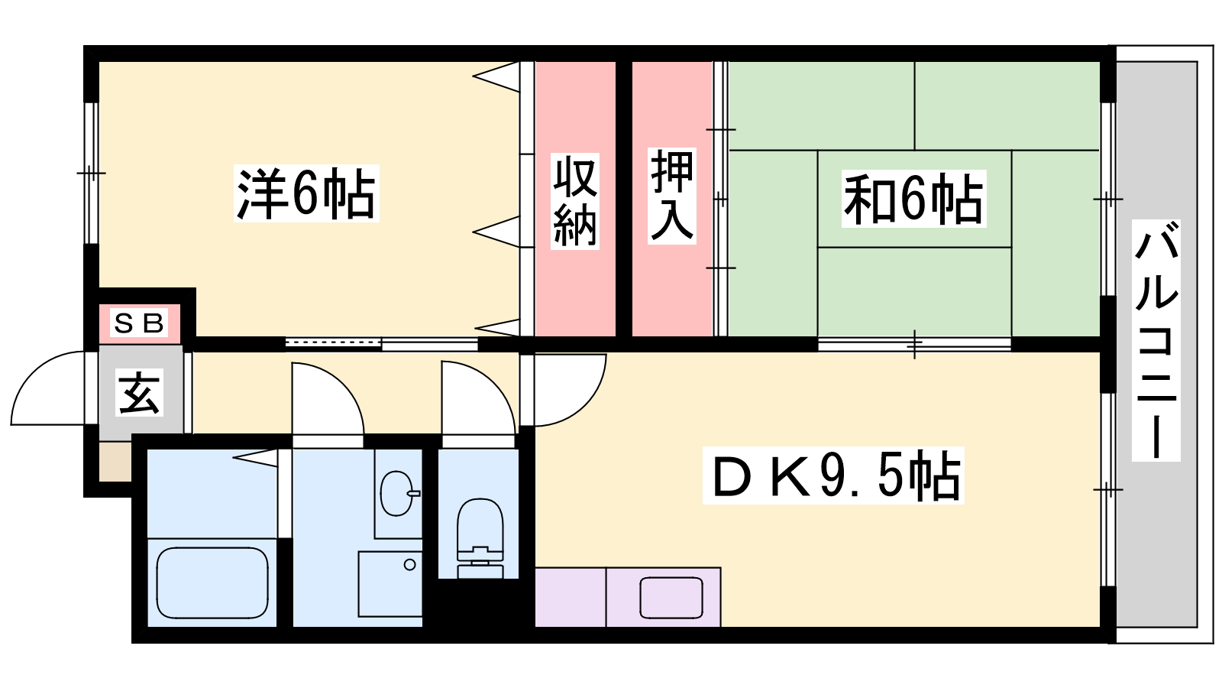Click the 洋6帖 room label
coord(305,194)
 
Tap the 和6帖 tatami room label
coord(913,199)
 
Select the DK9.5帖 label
coord(833,475)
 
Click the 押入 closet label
coord(672,196)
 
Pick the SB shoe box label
coord(139,323)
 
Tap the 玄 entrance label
coord(140,393)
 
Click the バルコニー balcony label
coord(1156,340)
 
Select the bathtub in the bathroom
coord(212,583)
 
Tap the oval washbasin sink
coord(397,493)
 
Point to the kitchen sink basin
coord(671,598)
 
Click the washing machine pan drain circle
coord(410,565)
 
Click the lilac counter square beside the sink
coord(571,597)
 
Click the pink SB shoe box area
coord(139,324)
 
